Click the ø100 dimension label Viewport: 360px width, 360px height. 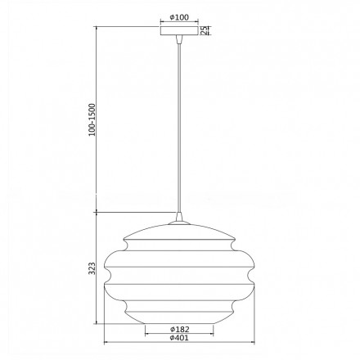pos(179,18)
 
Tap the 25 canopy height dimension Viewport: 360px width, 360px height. pos(206,30)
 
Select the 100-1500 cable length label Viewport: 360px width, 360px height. pos(92,119)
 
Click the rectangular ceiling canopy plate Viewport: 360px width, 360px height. pos(178,32)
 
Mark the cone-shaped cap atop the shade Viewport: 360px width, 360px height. pos(178,218)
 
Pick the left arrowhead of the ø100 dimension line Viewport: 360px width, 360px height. pos(162,23)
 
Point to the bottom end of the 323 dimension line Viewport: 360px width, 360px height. pos(98,322)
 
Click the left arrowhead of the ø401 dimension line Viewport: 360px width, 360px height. pos(106,343)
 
